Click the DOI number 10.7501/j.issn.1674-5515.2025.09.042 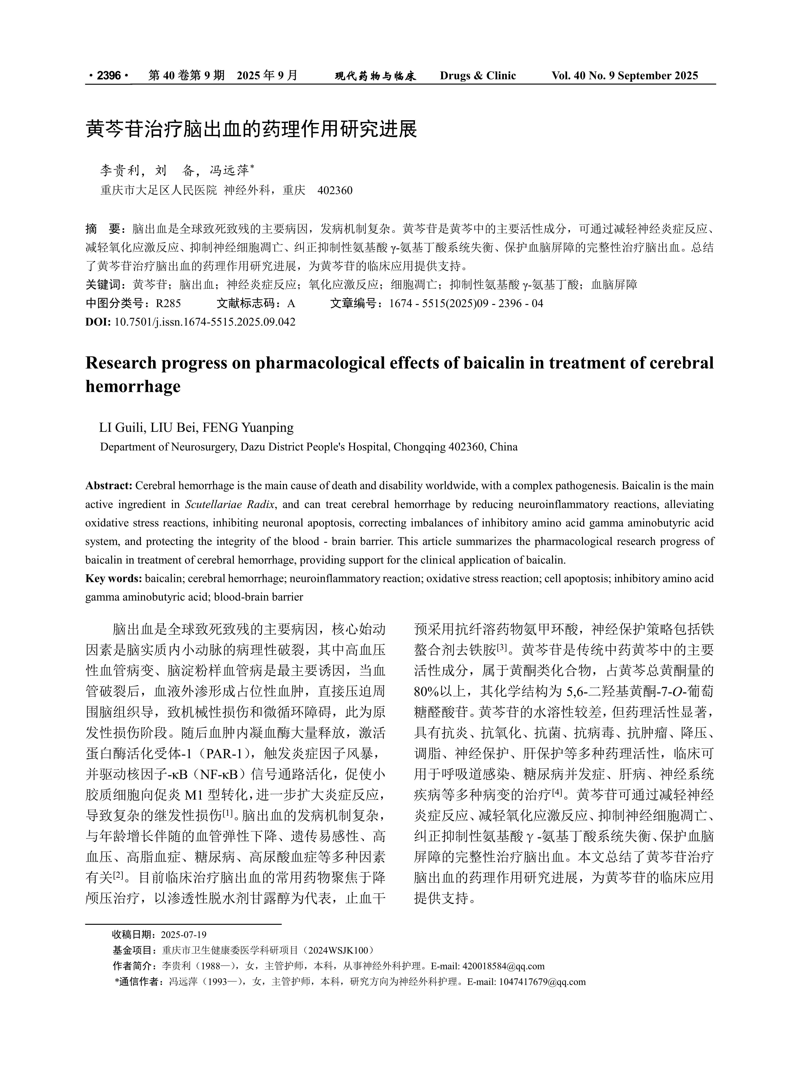[205, 322]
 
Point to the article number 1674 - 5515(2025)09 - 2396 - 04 [466, 303]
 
